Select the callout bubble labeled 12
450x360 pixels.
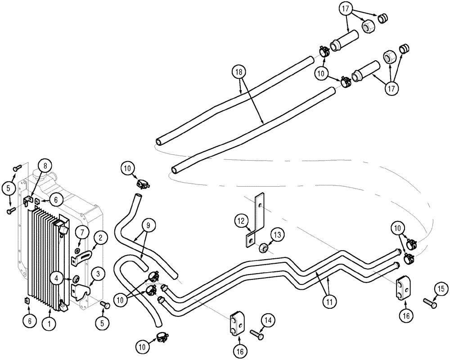pos(240,221)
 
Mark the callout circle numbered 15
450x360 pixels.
pos(441,289)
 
